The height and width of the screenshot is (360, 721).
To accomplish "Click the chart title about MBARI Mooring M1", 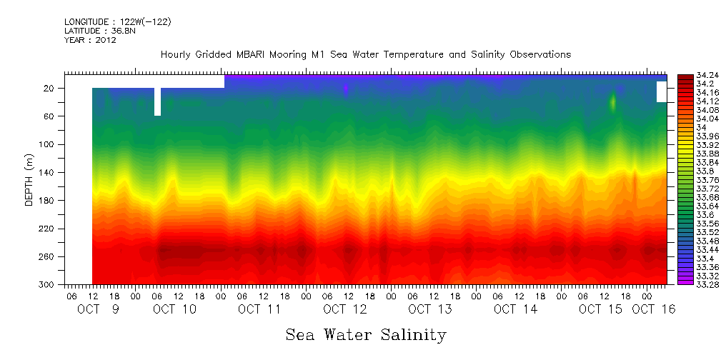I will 365,55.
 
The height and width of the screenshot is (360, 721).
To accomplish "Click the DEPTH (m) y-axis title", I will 29,179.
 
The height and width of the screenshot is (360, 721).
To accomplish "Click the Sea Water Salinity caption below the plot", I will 366,334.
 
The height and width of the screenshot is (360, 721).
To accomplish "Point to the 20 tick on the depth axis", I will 49,88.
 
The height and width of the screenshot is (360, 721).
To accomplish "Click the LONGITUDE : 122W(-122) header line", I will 117,22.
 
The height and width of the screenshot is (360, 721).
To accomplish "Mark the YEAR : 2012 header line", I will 90,40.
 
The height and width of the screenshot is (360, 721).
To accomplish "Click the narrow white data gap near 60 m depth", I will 157,102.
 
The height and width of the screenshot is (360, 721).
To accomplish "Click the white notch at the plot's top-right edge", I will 661,91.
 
